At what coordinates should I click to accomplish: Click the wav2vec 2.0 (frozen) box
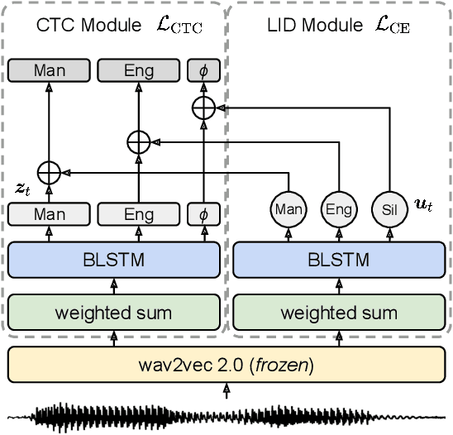[x=226, y=366]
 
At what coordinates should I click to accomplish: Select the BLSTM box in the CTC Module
[x=115, y=261]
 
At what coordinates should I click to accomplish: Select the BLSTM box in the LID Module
[x=338, y=261]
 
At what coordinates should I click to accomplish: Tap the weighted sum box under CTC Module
[x=115, y=313]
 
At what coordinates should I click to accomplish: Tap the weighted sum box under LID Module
[x=338, y=313]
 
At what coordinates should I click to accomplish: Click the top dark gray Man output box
[x=49, y=71]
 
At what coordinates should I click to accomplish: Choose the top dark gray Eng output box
[x=138, y=71]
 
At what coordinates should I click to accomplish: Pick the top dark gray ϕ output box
[x=203, y=71]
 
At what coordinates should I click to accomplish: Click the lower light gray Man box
[x=49, y=214]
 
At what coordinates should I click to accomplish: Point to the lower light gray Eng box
[x=138, y=214]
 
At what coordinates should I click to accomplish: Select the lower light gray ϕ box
[x=203, y=214]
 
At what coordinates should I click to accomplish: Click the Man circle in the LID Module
[x=288, y=209]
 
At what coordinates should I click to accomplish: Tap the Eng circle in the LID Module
[x=339, y=209]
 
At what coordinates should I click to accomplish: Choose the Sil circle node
[x=389, y=209]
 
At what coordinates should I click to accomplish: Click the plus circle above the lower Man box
[x=50, y=172]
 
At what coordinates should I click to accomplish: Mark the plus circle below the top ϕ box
[x=203, y=107]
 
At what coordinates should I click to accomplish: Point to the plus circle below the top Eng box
[x=138, y=141]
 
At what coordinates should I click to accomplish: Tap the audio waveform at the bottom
[x=226, y=417]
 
